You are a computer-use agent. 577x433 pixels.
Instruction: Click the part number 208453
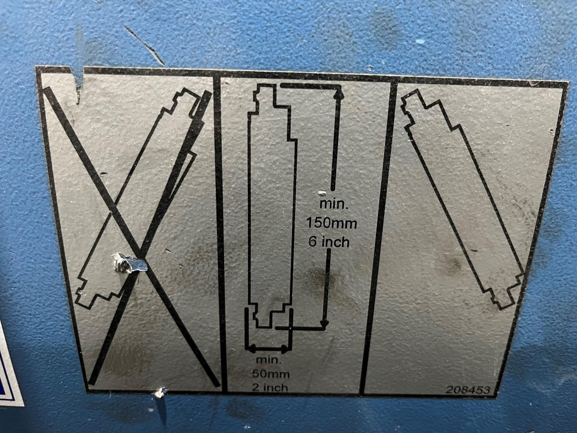point(468,397)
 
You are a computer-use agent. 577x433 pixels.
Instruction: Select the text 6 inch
point(329,242)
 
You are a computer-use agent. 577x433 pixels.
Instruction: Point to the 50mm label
point(270,374)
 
